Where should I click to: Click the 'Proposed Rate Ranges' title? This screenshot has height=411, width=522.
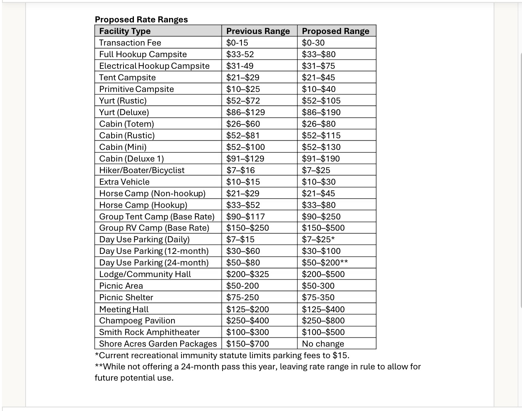click(141, 20)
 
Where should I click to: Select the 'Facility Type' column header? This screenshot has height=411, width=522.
click(125, 31)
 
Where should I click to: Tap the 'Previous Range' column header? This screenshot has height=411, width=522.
click(258, 31)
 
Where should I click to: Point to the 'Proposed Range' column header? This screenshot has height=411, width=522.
click(335, 31)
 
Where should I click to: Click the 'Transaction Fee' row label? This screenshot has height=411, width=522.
click(130, 43)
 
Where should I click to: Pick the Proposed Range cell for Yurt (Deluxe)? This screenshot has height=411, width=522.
click(321, 112)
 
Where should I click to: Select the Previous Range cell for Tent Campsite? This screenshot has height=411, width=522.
click(243, 78)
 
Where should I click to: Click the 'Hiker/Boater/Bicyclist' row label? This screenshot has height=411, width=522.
click(141, 170)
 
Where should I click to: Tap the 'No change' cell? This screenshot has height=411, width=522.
click(323, 344)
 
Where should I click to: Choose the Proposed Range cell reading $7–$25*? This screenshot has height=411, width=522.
click(318, 239)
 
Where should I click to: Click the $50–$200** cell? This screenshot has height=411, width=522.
click(325, 263)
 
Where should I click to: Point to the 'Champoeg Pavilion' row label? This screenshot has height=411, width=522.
click(137, 321)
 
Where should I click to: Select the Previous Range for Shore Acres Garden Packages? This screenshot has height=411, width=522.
click(247, 344)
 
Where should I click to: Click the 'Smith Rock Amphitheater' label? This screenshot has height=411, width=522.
click(149, 332)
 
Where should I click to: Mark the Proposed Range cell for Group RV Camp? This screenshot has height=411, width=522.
click(323, 228)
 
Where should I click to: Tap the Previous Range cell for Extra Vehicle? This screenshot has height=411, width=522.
click(243, 182)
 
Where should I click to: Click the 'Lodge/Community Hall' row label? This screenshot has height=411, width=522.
click(145, 274)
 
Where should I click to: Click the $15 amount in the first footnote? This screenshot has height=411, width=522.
click(342, 355)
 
